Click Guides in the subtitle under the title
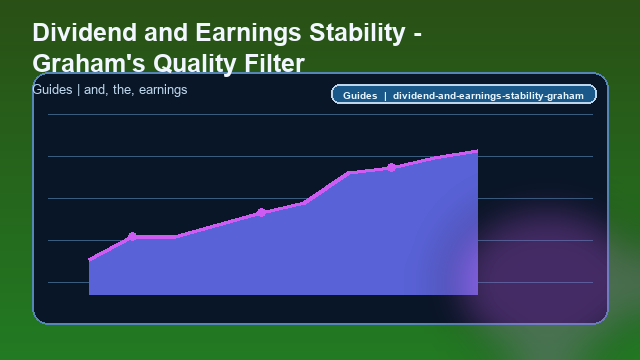pyautogui.click(x=51, y=90)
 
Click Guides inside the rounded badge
pyautogui.click(x=359, y=96)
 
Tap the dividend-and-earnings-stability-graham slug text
pyautogui.click(x=488, y=96)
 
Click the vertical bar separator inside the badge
pyautogui.click(x=385, y=96)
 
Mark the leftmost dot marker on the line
pyautogui.click(x=132, y=237)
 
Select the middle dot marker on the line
pyautogui.click(x=261, y=212)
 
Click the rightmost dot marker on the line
pyautogui.click(x=391, y=167)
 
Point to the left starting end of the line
pyautogui.click(x=90, y=260)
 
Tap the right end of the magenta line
pyautogui.click(x=477, y=151)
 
